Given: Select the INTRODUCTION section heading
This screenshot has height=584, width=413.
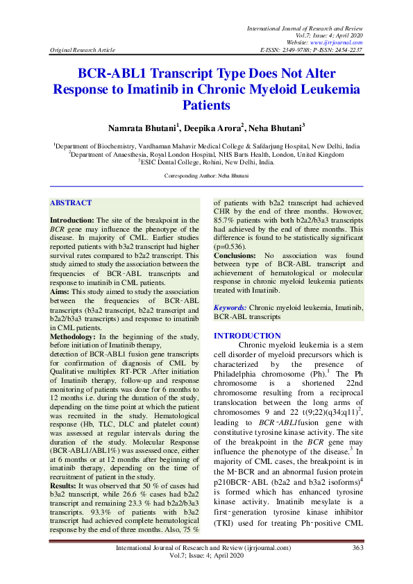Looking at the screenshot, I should tap(242, 336).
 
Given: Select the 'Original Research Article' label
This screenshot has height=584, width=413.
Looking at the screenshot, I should tap(81, 51).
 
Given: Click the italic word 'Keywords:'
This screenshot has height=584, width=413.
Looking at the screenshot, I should tap(230, 307).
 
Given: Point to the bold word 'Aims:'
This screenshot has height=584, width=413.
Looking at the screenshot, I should tap(60, 293).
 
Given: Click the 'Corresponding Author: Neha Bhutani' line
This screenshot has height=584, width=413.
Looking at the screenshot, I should tap(206, 177).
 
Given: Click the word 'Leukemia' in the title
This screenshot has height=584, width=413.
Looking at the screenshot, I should tap(329, 89).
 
